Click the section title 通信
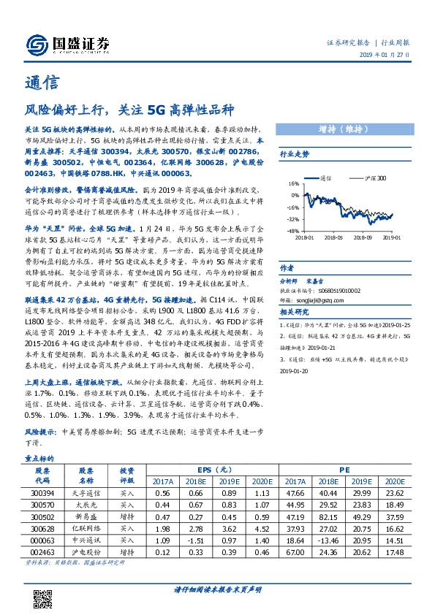[x=37, y=83]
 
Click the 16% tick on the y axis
[x=292, y=184]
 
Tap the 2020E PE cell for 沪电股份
[x=414, y=551]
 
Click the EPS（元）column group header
[x=211, y=470]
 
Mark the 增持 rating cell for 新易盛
[x=127, y=516]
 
